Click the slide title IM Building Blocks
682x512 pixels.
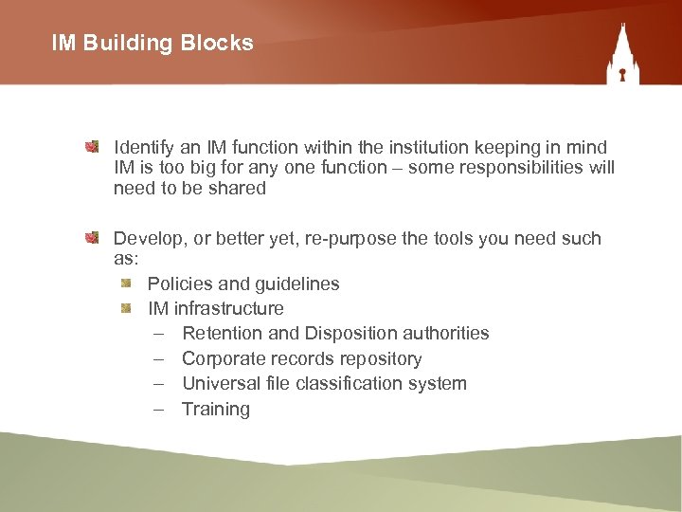[x=153, y=43]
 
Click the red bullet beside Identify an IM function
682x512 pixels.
[x=92, y=147]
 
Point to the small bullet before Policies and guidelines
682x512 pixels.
[x=126, y=283]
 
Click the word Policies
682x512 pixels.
[x=178, y=283]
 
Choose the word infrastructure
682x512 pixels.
[x=228, y=308]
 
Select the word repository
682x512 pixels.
[x=379, y=359]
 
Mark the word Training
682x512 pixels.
[x=216, y=410]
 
